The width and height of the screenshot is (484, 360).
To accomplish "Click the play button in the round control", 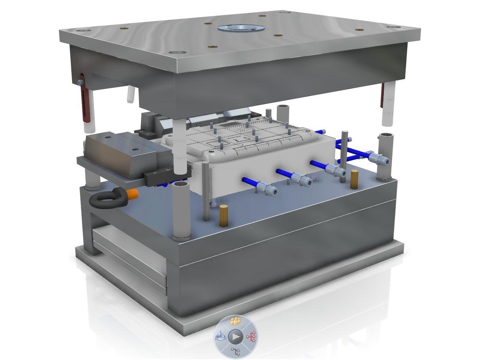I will click(236, 337).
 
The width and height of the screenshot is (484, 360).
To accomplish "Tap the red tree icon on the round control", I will click(251, 337).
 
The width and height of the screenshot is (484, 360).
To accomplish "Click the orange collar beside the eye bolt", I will click(133, 194).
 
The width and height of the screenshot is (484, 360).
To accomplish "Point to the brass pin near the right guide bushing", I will click(354, 179).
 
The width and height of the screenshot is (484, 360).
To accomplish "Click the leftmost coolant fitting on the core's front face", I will click(267, 188).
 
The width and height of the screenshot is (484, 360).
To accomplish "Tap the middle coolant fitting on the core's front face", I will click(303, 179).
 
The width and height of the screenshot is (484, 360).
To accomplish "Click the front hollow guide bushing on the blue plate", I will click(181, 210).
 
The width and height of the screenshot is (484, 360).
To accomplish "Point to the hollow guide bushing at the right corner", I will click(385, 156).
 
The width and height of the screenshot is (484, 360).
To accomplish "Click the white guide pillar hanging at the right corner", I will click(388, 105).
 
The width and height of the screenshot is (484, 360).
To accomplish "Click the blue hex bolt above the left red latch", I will click(81, 82).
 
